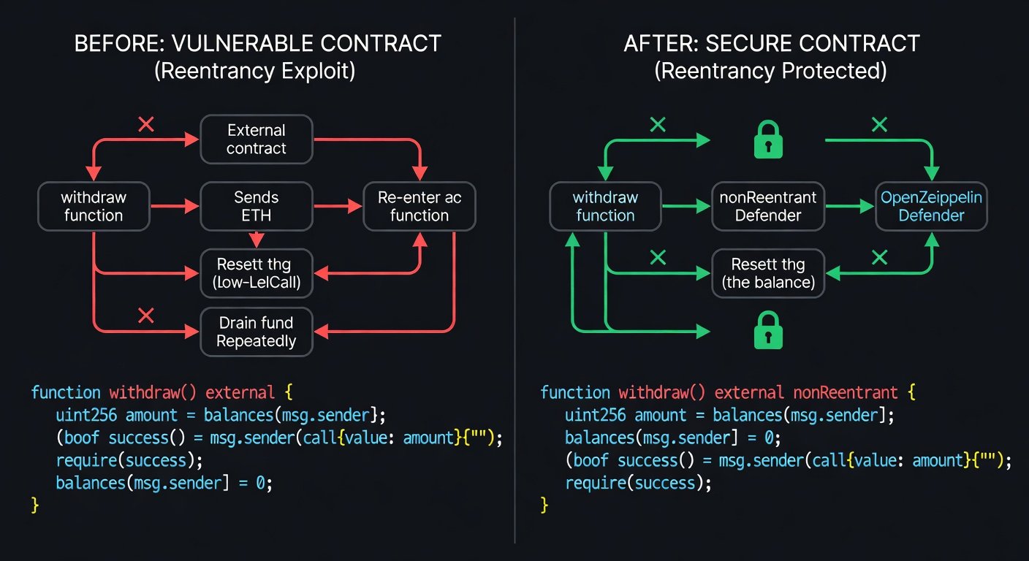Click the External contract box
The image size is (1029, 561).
point(257,140)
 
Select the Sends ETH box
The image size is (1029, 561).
point(257,206)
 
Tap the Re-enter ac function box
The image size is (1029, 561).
point(419,206)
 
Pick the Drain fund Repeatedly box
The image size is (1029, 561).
point(257,332)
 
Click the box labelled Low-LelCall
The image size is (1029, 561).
point(257,273)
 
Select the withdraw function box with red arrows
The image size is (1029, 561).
point(94,206)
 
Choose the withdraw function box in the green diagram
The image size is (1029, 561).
point(605,206)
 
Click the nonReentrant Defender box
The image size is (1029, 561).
point(768,206)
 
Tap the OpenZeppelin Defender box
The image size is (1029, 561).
point(931,206)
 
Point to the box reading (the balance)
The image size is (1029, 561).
point(768,273)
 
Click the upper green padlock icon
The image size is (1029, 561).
point(768,140)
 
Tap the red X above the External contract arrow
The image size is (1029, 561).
point(146,125)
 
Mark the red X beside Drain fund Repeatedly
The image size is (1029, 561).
point(146,316)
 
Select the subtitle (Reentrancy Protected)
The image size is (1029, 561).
point(771,72)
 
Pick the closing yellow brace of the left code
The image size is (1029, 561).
point(34,505)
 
